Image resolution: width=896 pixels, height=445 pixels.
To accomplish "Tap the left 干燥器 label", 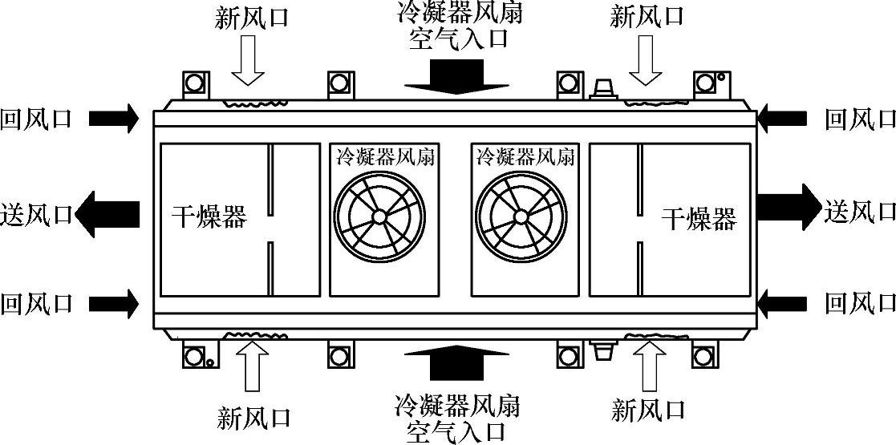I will pyautogui.click(x=209, y=216).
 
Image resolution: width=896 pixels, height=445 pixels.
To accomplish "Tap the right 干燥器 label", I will pyautogui.click(x=698, y=217).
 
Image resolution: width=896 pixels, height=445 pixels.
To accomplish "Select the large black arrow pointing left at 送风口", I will pyautogui.click(x=108, y=214).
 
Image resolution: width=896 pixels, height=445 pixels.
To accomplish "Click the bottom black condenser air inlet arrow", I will pyautogui.click(x=458, y=362).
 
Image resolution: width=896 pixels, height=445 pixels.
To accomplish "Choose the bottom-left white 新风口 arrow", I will pyautogui.click(x=247, y=370).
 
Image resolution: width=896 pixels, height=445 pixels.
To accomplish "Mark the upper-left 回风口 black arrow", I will pyautogui.click(x=113, y=119).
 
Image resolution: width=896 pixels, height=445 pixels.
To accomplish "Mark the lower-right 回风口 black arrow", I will pyautogui.click(x=782, y=303).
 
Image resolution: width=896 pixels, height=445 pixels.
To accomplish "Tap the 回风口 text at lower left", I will pyautogui.click(x=37, y=303).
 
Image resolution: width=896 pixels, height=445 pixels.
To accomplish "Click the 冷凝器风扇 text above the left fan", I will pyautogui.click(x=384, y=156).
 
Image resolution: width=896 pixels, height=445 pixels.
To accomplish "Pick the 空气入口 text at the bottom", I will pyautogui.click(x=457, y=431).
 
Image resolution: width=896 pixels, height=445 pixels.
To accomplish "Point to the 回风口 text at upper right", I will pyautogui.click(x=860, y=119).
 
